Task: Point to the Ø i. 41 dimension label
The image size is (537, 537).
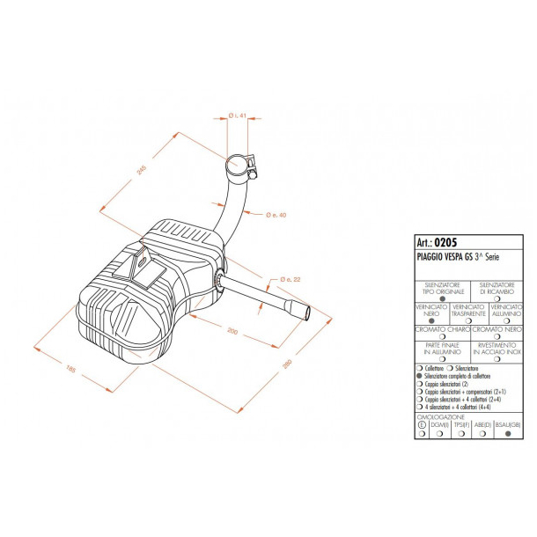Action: (235, 115)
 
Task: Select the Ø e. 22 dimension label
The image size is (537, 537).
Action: (291, 279)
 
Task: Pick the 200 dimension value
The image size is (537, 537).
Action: (232, 330)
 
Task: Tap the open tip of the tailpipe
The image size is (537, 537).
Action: (303, 310)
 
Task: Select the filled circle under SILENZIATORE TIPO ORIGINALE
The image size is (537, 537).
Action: (430, 298)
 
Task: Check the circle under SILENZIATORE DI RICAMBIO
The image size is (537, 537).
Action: (498, 298)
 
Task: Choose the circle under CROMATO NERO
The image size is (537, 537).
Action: (498, 336)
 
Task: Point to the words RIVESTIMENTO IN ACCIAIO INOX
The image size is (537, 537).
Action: (497, 348)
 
